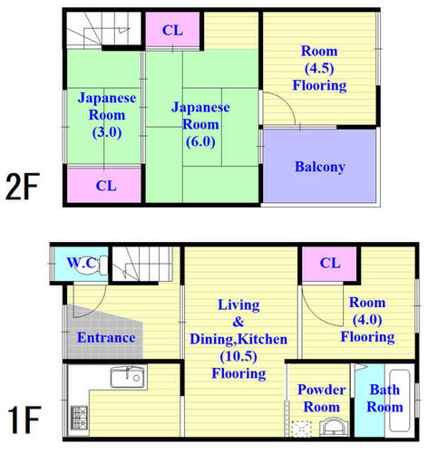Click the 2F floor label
(23, 187)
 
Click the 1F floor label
(24, 419)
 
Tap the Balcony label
(320, 167)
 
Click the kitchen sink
(129, 377)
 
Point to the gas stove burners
(79, 418)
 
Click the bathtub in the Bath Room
(400, 400)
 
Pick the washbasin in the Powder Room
(334, 427)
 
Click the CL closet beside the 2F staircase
(172, 30)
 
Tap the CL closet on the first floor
(329, 264)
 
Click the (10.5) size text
(238, 357)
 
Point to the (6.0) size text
(200, 141)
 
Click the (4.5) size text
(319, 68)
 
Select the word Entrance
(106, 337)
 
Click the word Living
(238, 305)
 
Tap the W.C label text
(82, 263)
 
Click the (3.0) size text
(107, 132)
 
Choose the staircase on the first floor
(142, 264)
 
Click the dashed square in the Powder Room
(301, 429)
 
